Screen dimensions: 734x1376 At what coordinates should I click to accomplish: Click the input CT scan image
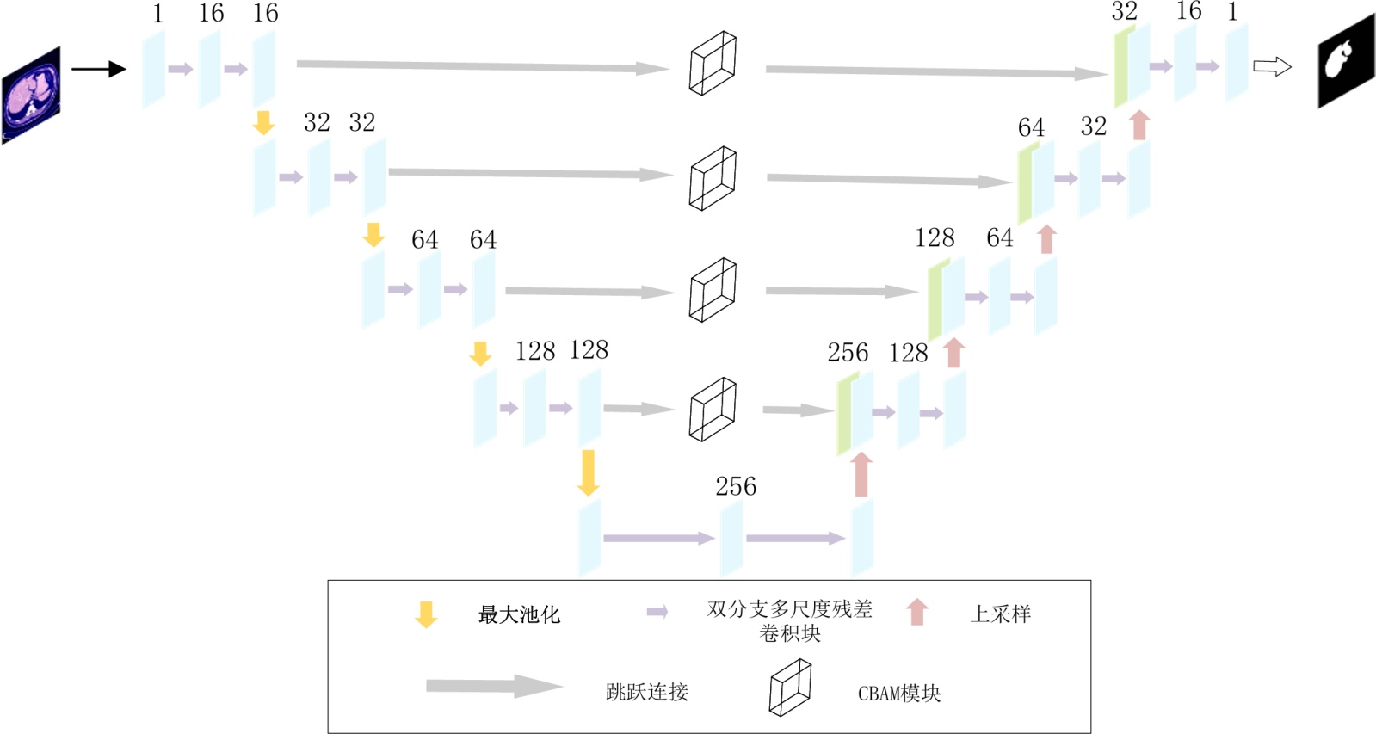(32, 95)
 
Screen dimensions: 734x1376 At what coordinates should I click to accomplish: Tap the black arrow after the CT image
(98, 69)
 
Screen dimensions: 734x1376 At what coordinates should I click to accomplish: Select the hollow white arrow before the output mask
(1272, 66)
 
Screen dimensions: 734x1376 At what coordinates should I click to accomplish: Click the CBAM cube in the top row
(713, 63)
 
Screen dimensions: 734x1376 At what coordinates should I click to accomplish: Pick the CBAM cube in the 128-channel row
(713, 409)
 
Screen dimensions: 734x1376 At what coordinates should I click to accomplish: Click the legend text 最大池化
(519, 614)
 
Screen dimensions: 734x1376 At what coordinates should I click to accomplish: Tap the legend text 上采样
(1000, 614)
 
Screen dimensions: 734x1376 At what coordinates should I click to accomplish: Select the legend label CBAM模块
(899, 693)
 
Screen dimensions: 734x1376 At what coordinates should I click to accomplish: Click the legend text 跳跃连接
(646, 692)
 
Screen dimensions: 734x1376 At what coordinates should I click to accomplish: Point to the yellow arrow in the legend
(426, 614)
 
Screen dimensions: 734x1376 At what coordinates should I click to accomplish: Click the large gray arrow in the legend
(494, 686)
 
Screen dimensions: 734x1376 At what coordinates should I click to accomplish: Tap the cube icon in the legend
(790, 688)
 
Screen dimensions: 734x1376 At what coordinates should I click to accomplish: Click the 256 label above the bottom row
(736, 487)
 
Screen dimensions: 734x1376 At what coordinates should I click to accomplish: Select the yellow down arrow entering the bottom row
(589, 472)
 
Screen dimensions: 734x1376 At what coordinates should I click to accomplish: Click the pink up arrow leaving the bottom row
(861, 474)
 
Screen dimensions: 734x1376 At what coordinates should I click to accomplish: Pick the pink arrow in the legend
(917, 612)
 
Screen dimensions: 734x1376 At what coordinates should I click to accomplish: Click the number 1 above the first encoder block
(157, 14)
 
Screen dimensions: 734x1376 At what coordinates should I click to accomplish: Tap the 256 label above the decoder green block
(848, 353)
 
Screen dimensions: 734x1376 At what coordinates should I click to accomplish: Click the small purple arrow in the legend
(657, 612)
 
